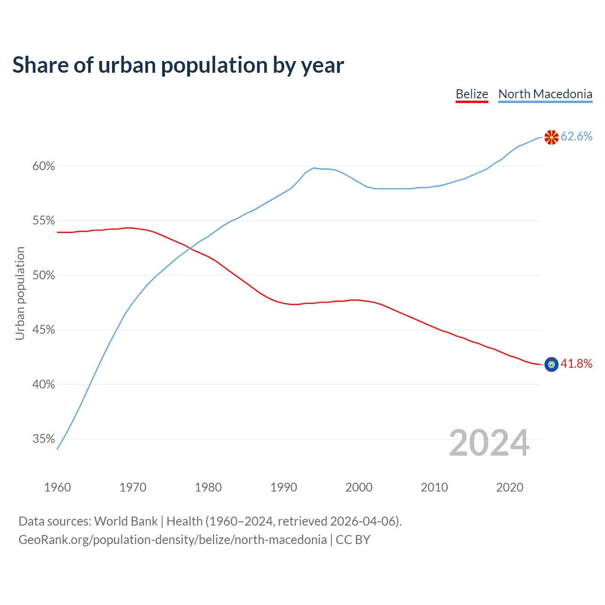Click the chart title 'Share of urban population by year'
(x=178, y=65)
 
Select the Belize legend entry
(x=472, y=94)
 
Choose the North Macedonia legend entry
(x=545, y=94)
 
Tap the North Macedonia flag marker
(x=551, y=137)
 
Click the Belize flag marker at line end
(x=551, y=364)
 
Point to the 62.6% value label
(x=576, y=137)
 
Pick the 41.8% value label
(x=576, y=363)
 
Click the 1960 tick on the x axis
(x=57, y=487)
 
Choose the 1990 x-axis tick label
(x=284, y=487)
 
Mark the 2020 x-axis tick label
(x=510, y=487)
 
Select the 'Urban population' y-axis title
(x=20, y=293)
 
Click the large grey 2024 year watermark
(x=489, y=443)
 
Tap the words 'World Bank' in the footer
(x=126, y=521)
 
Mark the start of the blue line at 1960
(x=58, y=449)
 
